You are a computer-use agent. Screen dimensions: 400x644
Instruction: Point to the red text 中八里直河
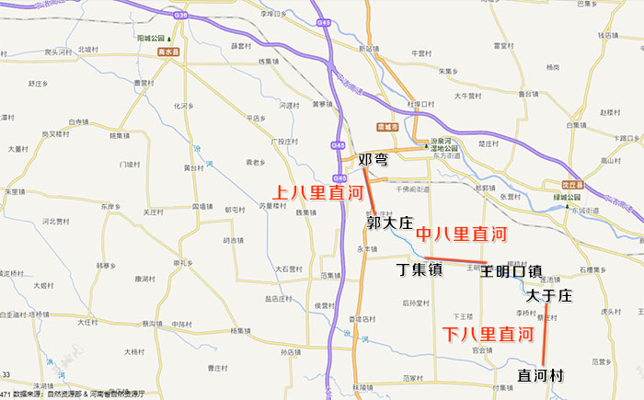tap(461, 234)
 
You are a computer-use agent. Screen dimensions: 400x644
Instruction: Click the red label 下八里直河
tap(488, 335)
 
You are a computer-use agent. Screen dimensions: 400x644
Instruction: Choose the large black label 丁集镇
tap(420, 270)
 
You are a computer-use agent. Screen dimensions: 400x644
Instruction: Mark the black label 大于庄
tap(549, 296)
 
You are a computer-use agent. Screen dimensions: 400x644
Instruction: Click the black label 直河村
tap(540, 375)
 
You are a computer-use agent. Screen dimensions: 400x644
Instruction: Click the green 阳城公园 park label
tap(153, 39)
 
